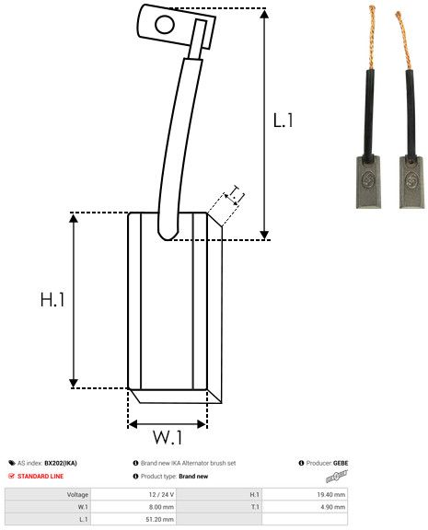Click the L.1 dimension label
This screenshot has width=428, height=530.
click(283, 120)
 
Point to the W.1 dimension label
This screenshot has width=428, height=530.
click(167, 435)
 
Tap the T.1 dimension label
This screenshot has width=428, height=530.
click(235, 193)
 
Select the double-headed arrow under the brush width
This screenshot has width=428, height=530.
click(168, 424)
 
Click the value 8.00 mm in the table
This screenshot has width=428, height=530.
click(160, 506)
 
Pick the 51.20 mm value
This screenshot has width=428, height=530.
click(160, 519)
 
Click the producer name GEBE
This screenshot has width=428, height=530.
click(341, 463)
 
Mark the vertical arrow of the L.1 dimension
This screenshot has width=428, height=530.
click(265, 124)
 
